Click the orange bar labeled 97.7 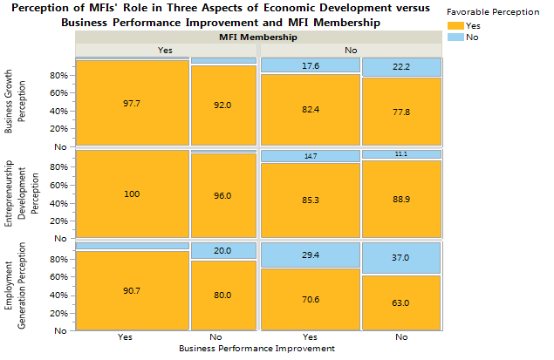tap(132, 103)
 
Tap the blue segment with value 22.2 tap(401, 67)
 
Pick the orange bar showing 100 tap(132, 194)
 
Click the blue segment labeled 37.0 tap(401, 258)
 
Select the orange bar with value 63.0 tap(401, 302)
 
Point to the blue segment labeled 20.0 tap(223, 250)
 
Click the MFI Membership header tap(257, 37)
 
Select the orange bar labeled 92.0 tap(223, 105)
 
